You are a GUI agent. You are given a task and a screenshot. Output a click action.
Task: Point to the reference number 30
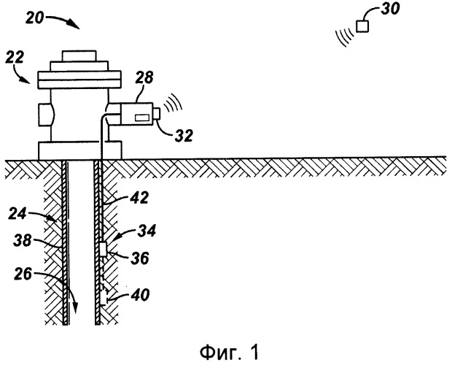pyautogui.click(x=392, y=12)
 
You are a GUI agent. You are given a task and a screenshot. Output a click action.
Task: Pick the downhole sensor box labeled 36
pyautogui.click(x=104, y=249)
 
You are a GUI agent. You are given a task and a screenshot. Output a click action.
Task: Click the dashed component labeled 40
pyautogui.click(x=104, y=298)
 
